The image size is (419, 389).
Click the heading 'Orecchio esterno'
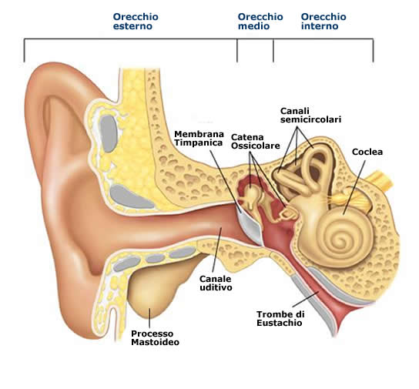[x=136, y=22]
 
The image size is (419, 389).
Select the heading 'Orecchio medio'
[x=260, y=22]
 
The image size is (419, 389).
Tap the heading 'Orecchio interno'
[x=323, y=22]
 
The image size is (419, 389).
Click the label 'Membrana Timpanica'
[x=199, y=138]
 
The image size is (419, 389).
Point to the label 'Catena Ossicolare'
[x=256, y=141]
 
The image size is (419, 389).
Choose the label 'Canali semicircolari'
[x=310, y=115]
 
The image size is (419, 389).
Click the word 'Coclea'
[x=367, y=152]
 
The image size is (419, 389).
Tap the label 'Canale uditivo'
[x=216, y=283]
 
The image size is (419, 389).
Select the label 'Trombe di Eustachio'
[x=280, y=318]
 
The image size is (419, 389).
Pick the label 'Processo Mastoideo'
[x=155, y=337]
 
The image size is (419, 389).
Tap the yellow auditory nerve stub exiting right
[x=381, y=180]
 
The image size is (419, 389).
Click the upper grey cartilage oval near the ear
[x=109, y=133]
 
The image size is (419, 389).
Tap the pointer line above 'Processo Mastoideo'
[x=149, y=318]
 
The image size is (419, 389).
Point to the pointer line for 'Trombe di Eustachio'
[x=305, y=299]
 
